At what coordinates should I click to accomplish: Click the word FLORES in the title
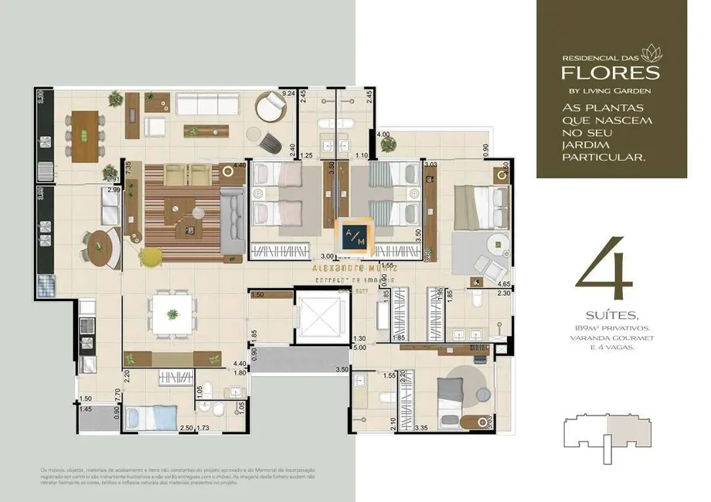click(x=610, y=73)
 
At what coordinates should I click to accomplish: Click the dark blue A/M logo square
click(x=358, y=234)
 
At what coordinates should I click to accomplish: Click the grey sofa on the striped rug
click(x=232, y=222)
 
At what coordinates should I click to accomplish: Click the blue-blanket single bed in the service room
click(x=152, y=419)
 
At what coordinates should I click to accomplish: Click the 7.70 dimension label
click(x=117, y=393)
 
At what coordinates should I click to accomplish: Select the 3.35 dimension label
click(x=421, y=427)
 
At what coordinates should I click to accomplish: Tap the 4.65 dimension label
click(x=505, y=285)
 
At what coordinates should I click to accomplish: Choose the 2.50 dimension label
click(x=186, y=427)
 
